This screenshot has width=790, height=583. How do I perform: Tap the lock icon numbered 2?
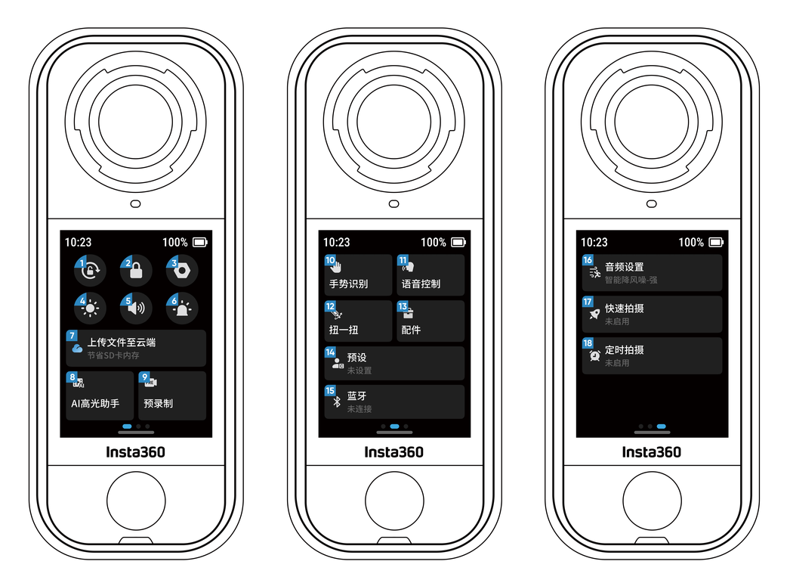point(136,271)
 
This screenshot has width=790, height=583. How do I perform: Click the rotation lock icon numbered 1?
point(91,271)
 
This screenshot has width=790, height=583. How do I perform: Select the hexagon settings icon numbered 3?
point(182,271)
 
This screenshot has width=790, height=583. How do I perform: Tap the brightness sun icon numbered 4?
point(90,309)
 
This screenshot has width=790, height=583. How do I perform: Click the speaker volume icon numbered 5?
point(136,308)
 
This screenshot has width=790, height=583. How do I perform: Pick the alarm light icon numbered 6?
point(182,309)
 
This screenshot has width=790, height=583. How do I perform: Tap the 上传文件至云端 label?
point(122,343)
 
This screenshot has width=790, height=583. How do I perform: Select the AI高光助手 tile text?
point(95,404)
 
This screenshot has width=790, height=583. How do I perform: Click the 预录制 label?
point(158,404)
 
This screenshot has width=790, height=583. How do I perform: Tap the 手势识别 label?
point(348,284)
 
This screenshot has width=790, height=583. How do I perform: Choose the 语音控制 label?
point(421,284)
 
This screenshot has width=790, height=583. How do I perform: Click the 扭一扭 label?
point(344,330)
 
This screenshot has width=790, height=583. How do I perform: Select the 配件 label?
point(411,330)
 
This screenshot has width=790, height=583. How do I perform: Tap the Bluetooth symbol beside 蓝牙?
point(337,402)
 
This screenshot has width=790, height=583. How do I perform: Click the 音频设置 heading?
point(625,267)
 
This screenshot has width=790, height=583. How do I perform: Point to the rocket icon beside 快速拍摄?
point(594,315)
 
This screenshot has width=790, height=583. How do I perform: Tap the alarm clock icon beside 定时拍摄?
point(595,355)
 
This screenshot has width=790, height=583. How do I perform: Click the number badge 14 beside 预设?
point(330,352)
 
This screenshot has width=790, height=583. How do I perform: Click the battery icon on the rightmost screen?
point(716,243)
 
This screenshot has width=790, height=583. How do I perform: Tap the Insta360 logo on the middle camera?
point(394,452)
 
